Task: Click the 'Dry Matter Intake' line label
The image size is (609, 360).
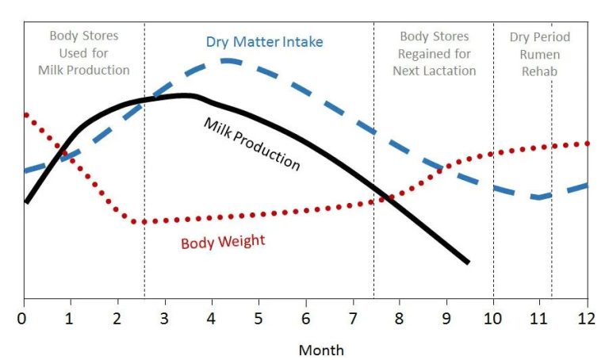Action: [264, 42]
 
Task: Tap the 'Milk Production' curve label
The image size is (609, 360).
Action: [252, 144]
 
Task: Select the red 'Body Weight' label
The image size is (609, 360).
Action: [223, 242]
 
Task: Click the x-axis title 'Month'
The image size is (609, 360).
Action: [321, 349]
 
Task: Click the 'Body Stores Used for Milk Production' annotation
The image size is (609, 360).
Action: [83, 53]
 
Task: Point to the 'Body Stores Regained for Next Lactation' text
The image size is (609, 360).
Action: [435, 53]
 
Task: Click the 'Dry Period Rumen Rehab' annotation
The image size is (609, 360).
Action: [539, 53]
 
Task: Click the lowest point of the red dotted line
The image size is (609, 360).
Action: [144, 222]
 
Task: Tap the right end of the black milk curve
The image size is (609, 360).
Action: [469, 262]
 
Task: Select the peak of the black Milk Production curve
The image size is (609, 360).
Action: [184, 95]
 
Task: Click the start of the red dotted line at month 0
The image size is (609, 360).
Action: [26, 114]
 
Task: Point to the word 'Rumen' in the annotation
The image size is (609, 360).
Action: [539, 54]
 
